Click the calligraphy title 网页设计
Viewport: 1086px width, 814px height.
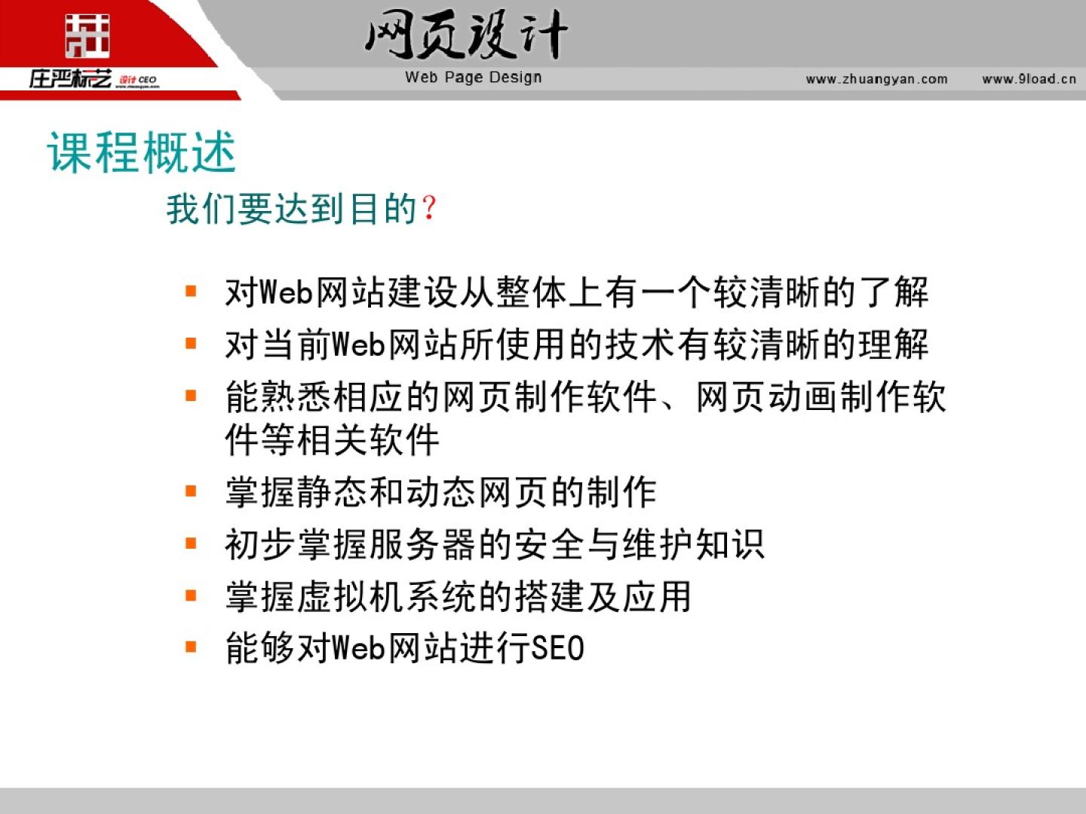[x=466, y=35]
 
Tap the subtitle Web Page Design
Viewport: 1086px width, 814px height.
[x=474, y=78]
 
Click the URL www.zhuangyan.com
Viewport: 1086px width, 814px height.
[x=876, y=79]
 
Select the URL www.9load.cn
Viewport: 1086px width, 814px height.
[x=1029, y=79]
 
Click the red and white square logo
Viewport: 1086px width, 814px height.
[x=87, y=35]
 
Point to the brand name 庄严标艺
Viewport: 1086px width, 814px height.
[x=70, y=79]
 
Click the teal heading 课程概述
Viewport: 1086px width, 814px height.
[x=142, y=153]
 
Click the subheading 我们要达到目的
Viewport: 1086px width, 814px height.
[x=292, y=209]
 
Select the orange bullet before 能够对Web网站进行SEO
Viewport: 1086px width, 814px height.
[x=191, y=647]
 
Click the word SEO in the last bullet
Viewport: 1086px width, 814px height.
[x=558, y=648]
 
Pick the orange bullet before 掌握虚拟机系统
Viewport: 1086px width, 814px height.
[x=191, y=595]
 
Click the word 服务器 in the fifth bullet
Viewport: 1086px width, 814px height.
[x=422, y=545]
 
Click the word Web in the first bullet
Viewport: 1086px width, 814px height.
[x=287, y=292]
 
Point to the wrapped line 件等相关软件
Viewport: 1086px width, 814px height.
[x=332, y=439]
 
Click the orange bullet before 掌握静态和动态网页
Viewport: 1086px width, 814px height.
[x=191, y=491]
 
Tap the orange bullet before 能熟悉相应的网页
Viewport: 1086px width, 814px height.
[x=191, y=396]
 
